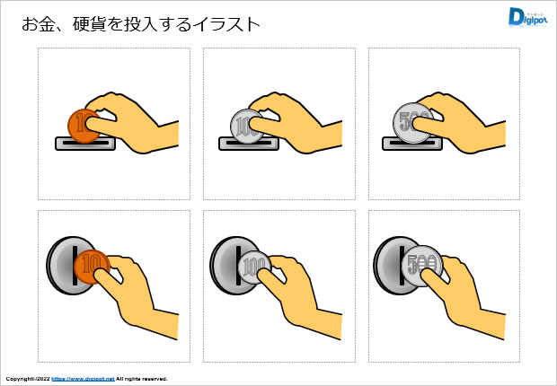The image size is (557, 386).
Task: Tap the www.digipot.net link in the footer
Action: coord(83,379)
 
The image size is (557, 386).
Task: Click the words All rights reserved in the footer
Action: coord(142,379)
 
